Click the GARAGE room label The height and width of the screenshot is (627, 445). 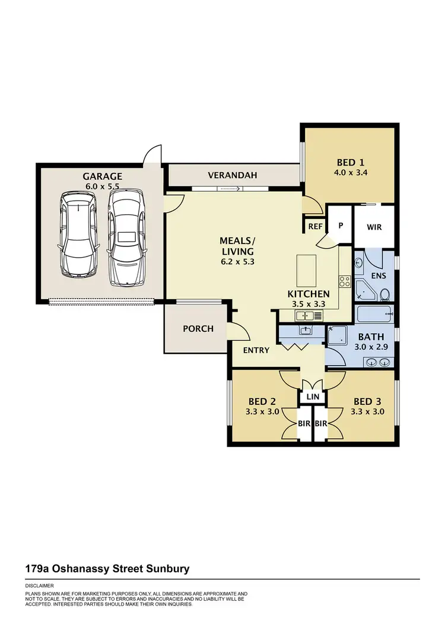[102, 176]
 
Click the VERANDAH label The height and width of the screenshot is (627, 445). [232, 175]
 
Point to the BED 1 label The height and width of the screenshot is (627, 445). [349, 163]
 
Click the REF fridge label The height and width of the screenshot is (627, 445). [314, 226]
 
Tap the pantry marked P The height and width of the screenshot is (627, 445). [341, 226]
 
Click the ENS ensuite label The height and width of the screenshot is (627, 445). [378, 275]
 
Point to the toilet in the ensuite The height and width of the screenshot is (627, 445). [384, 294]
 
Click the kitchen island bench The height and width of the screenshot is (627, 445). [307, 271]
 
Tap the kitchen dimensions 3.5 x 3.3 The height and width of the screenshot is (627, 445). [308, 303]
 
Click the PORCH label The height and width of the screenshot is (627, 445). [198, 328]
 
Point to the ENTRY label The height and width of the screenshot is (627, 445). [256, 350]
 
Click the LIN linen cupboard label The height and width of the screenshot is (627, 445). [312, 397]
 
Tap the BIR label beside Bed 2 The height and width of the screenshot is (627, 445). [304, 424]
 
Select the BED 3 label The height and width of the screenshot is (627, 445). [368, 401]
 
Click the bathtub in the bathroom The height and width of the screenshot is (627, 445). [374, 313]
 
